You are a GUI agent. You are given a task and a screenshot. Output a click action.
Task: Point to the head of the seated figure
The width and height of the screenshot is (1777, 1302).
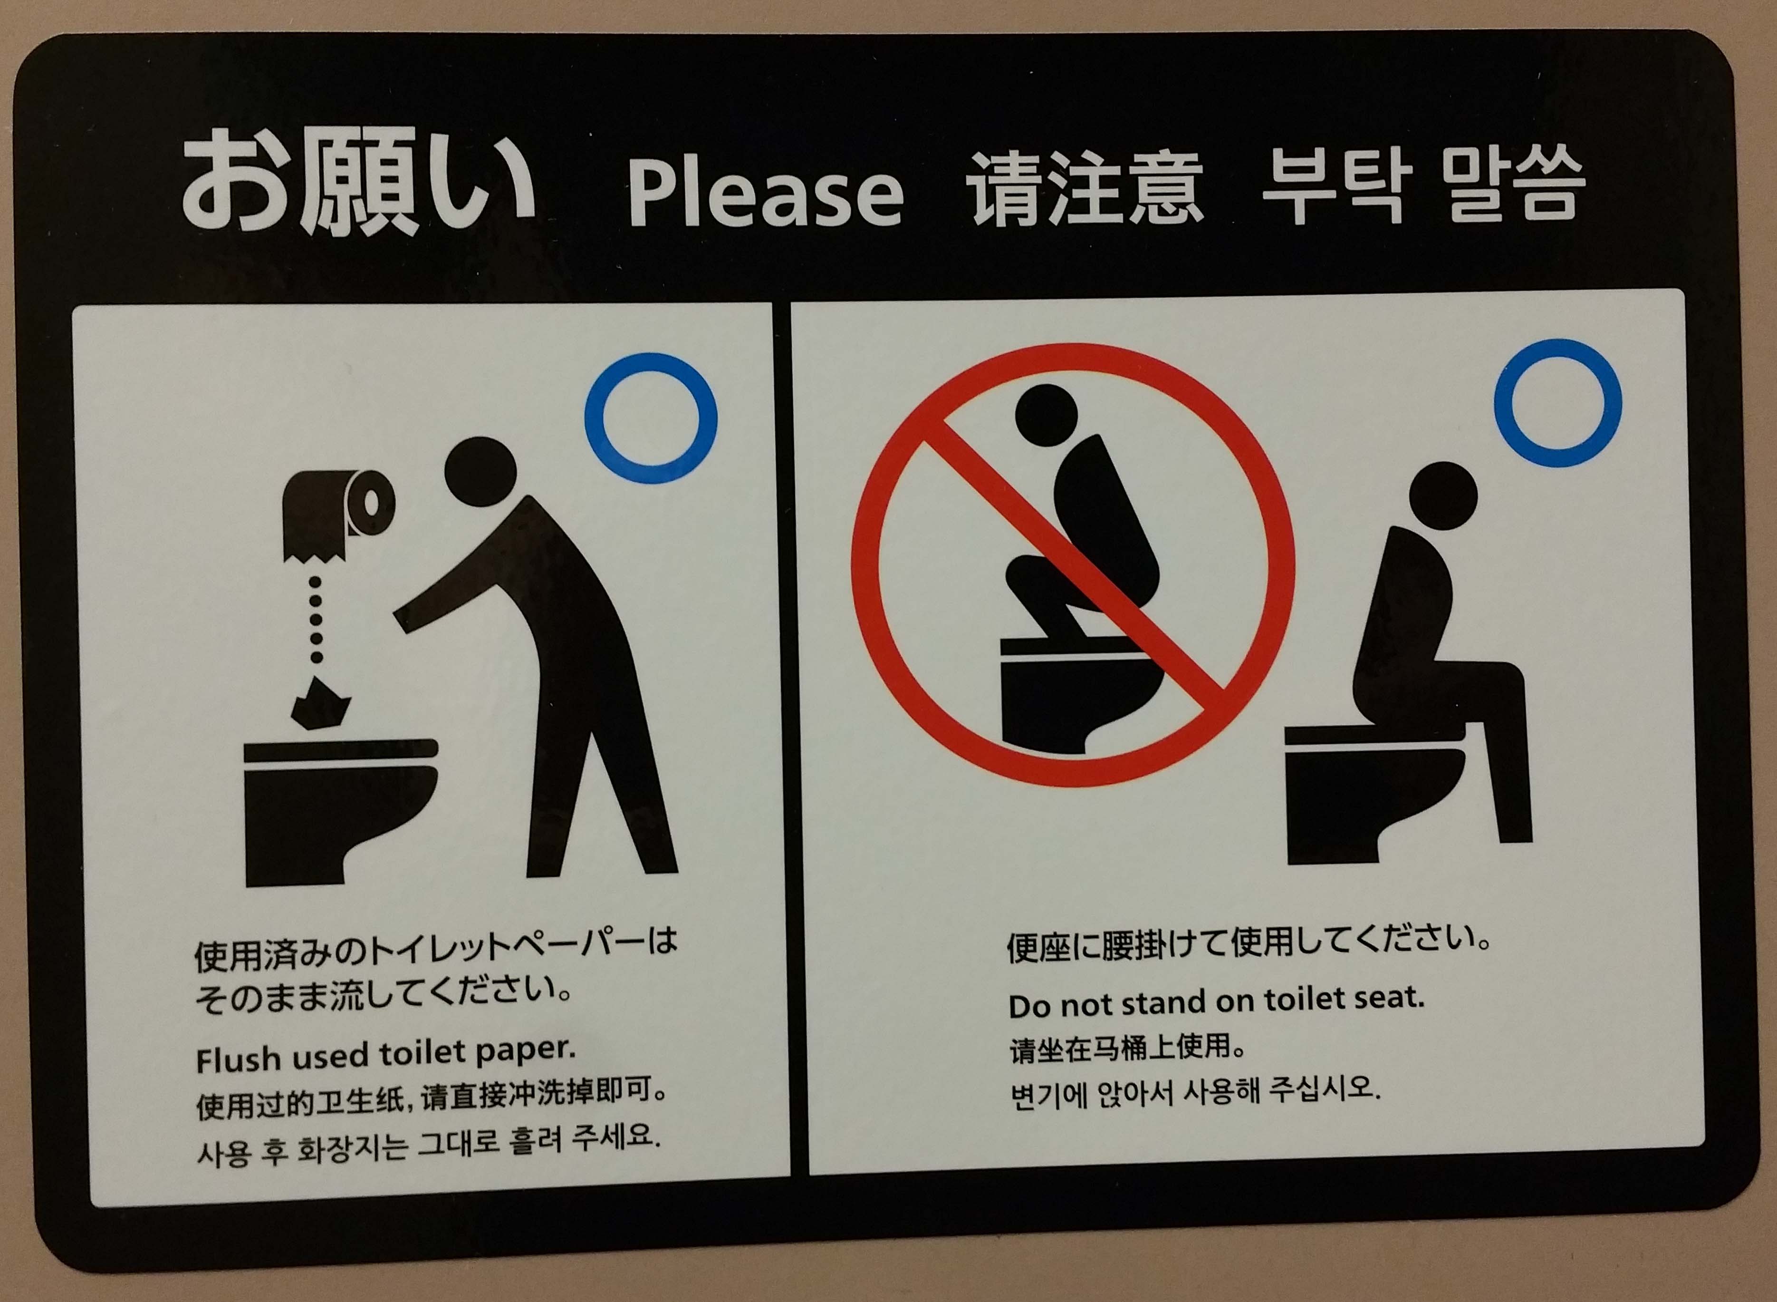click(1443, 496)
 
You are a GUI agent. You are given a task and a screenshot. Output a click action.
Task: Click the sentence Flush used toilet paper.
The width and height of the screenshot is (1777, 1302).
click(386, 1055)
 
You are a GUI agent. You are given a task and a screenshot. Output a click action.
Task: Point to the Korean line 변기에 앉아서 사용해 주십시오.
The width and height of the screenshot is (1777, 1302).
click(1196, 1091)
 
